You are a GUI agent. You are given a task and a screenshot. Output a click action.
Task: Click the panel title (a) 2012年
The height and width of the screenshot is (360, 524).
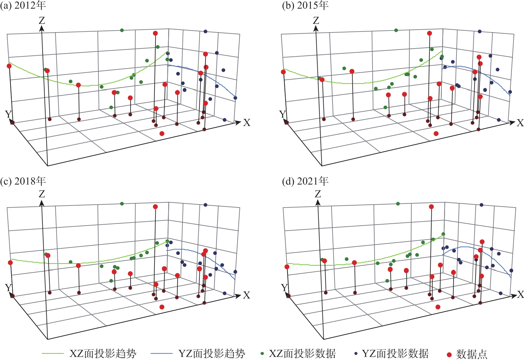click(x=23, y=5)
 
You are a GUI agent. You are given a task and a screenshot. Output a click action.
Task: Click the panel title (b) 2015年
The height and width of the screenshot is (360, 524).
click(x=305, y=5)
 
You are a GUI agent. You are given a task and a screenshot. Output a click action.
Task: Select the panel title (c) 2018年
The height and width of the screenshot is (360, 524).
click(x=23, y=181)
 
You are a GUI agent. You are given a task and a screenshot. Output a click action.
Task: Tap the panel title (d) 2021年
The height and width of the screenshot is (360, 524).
click(x=305, y=181)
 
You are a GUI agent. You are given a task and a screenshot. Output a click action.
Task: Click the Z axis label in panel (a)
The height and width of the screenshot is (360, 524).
click(x=42, y=21)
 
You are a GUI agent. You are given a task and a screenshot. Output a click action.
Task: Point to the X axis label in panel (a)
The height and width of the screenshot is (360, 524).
click(x=247, y=123)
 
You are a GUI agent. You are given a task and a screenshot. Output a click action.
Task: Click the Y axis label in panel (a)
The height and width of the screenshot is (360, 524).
click(x=9, y=114)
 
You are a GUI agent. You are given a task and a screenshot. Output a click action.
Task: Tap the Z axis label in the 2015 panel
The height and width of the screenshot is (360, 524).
click(x=316, y=21)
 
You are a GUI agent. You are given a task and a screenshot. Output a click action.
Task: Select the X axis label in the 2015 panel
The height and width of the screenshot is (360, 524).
click(x=520, y=123)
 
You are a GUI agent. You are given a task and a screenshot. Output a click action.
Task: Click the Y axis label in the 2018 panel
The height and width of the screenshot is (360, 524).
click(x=9, y=288)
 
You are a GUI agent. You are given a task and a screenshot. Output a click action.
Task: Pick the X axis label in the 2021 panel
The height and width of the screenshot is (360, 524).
click(x=520, y=295)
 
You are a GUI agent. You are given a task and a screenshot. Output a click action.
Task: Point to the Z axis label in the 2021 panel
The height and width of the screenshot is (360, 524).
click(x=318, y=194)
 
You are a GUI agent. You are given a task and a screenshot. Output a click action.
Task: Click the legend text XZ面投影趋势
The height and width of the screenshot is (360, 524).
click(x=103, y=354)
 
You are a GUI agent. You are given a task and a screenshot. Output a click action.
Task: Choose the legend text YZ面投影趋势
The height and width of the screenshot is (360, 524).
click(x=212, y=354)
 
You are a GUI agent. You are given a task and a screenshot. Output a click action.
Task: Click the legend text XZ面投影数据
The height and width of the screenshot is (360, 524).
click(x=302, y=354)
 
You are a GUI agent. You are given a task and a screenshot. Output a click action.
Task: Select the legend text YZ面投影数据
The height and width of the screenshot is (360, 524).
click(x=395, y=354)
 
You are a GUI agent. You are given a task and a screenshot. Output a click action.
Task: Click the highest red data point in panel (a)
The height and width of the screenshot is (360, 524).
click(x=155, y=33)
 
